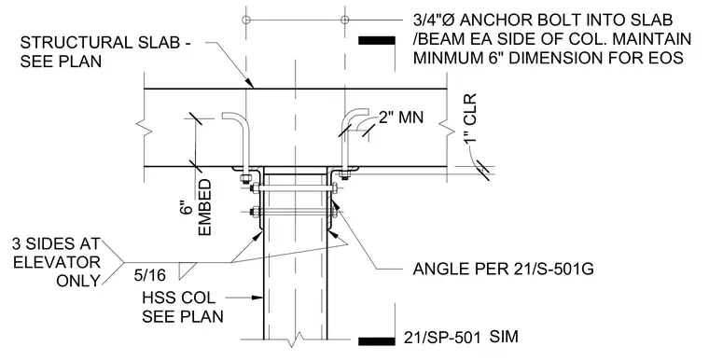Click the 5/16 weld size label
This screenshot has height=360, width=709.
pyautogui.click(x=149, y=275)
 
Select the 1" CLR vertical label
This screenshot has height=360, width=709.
pyautogui.click(x=470, y=118)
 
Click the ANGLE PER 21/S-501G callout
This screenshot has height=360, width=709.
pyautogui.click(x=503, y=270)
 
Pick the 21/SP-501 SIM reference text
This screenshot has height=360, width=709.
pyautogui.click(x=461, y=338)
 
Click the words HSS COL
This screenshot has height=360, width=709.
pyautogui.click(x=178, y=298)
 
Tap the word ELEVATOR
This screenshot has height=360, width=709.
pyautogui.click(x=57, y=262)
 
